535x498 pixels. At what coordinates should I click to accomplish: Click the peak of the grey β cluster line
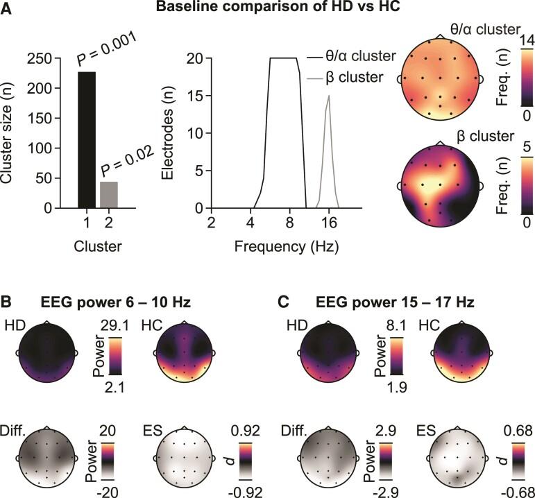[329, 96]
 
